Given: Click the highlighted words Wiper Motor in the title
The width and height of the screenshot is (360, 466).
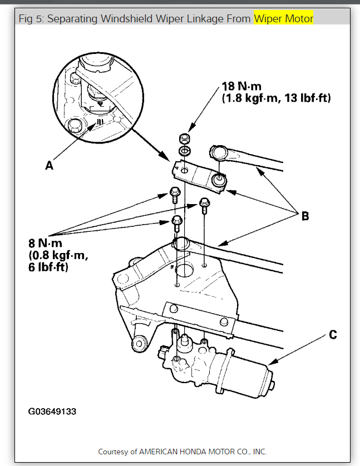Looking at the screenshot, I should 284,19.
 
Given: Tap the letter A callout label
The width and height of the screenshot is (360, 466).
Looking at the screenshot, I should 50,165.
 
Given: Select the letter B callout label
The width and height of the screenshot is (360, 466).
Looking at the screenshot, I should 305,216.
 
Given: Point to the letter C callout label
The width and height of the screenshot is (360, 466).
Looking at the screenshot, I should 333,335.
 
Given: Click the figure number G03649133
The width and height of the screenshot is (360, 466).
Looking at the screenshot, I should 52,412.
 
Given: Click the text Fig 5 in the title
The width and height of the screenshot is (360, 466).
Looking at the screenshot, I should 32,19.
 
